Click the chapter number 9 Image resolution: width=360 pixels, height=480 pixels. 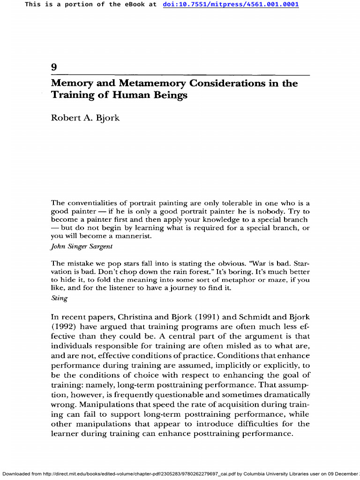pyautogui.click(x=54, y=67)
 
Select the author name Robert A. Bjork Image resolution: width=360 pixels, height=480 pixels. pyautogui.click(x=85, y=118)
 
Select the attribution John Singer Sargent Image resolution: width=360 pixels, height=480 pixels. pyautogui.click(x=82, y=246)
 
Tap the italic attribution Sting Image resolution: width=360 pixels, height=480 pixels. pyautogui.click(x=59, y=298)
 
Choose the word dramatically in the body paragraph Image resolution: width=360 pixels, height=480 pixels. pyautogui.click(x=286, y=395)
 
